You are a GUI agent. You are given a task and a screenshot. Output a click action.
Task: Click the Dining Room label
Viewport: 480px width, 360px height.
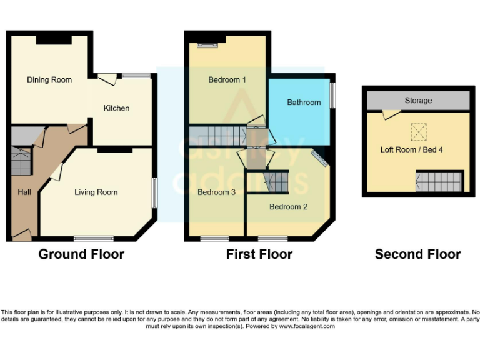click(x=49, y=80)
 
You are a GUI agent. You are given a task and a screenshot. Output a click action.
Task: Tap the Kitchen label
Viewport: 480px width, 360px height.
click(x=116, y=108)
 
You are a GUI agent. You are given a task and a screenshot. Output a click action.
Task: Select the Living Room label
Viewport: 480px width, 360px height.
click(x=96, y=192)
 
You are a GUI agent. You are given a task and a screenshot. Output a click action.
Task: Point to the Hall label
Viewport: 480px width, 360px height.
click(x=24, y=192)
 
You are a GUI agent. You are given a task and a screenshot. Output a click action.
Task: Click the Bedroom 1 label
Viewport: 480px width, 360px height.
click(x=227, y=80)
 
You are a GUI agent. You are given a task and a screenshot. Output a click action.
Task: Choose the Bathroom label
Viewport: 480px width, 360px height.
click(x=304, y=102)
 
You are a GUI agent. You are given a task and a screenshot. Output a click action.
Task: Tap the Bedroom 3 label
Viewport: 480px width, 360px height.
click(x=216, y=192)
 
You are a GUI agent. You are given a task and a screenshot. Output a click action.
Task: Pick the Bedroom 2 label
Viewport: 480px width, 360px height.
click(x=288, y=206)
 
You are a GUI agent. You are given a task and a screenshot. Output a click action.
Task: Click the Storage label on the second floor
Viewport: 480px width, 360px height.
click(x=418, y=101)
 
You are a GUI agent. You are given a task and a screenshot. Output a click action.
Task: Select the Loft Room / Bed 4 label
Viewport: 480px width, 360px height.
click(x=412, y=150)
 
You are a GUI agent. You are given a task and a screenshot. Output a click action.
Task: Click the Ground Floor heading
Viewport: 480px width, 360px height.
click(x=81, y=254)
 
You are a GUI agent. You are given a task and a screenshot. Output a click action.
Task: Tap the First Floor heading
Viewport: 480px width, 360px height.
click(x=259, y=254)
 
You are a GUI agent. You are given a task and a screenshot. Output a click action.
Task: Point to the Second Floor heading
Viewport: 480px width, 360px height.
click(x=417, y=254)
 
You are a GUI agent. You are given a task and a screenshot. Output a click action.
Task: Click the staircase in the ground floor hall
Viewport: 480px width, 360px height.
click(x=21, y=161)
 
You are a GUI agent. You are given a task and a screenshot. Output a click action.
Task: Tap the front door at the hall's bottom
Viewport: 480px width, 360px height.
click(x=21, y=235)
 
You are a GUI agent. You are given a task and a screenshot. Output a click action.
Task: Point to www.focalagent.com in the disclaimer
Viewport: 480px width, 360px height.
click(x=306, y=326)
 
